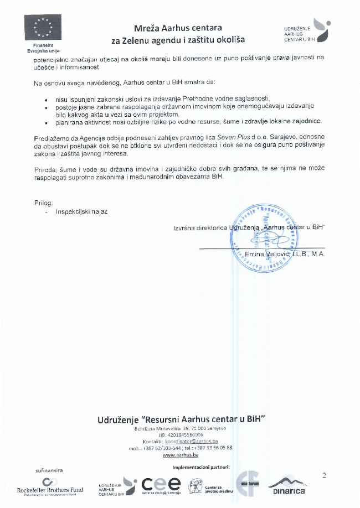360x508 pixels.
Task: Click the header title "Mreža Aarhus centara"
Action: coord(178,28)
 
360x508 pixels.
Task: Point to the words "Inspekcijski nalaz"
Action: coord(81,211)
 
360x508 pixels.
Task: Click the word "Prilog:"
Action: coord(44,203)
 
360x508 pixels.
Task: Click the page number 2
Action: coord(325,475)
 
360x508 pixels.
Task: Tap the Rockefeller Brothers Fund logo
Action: coord(50,486)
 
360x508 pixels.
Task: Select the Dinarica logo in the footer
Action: coord(289,485)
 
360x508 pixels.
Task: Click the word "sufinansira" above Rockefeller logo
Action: coord(49,470)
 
